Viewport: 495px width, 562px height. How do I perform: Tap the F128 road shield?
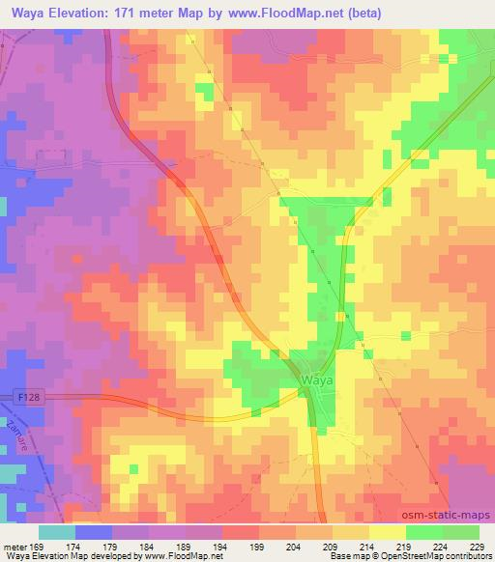(27, 396)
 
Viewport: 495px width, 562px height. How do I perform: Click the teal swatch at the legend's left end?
(57, 532)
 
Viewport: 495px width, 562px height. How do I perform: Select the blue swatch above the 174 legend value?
(94, 532)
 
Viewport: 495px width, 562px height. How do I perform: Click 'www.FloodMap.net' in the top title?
(280, 14)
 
